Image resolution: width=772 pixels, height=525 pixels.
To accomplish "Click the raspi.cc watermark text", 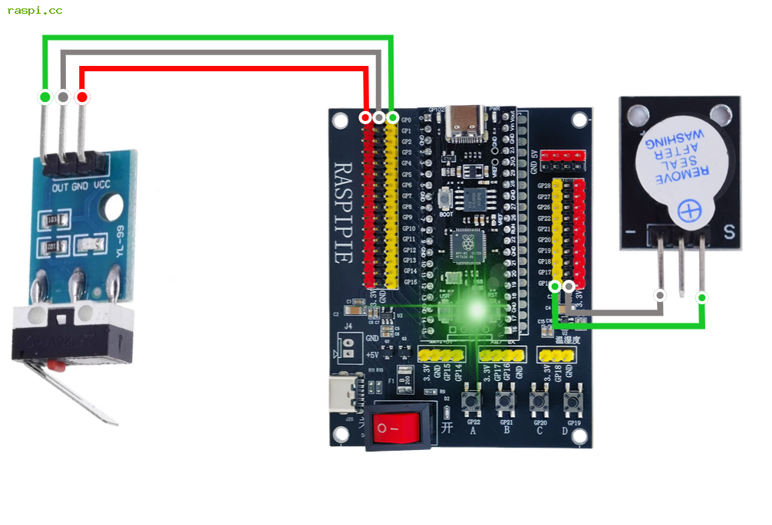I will pyautogui.click(x=35, y=11).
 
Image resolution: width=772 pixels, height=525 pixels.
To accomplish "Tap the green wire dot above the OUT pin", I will pyautogui.click(x=45, y=97).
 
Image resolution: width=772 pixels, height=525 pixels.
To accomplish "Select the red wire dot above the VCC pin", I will pyautogui.click(x=81, y=97).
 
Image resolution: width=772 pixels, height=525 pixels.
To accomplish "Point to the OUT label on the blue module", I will pyautogui.click(x=60, y=187).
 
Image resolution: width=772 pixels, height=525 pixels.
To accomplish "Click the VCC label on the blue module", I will pyautogui.click(x=101, y=187).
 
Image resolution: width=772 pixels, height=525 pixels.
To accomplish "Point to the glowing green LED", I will pyautogui.click(x=476, y=310).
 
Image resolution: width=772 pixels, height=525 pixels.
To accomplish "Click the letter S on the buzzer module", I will pyautogui.click(x=729, y=231).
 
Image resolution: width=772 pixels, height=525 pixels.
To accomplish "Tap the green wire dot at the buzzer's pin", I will pyautogui.click(x=701, y=297).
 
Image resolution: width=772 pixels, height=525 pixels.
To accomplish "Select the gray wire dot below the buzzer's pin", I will pyautogui.click(x=659, y=295).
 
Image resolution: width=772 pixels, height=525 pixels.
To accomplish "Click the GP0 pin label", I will pyautogui.click(x=407, y=120).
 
